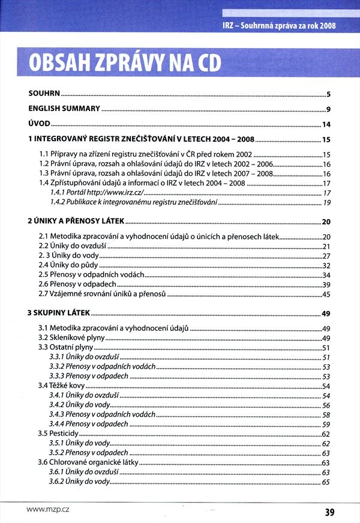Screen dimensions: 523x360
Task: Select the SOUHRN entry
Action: point(44,94)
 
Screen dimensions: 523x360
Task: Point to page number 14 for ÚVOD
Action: point(327,125)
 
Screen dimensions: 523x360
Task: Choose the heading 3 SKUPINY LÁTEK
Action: point(59,313)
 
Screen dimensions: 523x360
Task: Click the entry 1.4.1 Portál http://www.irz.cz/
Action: point(97,192)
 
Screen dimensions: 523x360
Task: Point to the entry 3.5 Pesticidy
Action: point(59,434)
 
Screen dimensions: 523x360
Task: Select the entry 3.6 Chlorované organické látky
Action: point(88,462)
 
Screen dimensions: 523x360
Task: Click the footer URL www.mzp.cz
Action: point(48,509)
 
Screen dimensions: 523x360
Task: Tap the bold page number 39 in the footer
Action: point(329,512)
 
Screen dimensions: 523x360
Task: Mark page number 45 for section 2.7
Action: point(327,294)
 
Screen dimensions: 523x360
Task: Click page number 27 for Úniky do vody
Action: point(327,256)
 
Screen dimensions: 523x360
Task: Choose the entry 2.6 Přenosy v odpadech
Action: point(77,284)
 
